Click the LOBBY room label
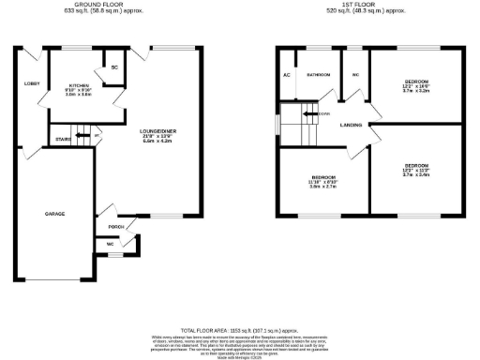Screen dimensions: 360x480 (x=29, y=84)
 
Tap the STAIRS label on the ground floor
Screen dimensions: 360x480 (x=64, y=139)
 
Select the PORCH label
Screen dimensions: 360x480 (x=117, y=227)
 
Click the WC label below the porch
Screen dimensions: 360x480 (x=111, y=244)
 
